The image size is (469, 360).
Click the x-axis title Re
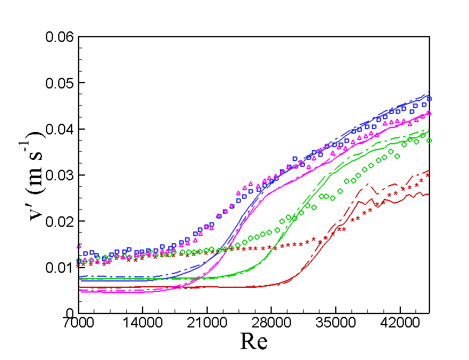(254, 341)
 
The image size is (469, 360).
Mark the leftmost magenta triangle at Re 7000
(79, 246)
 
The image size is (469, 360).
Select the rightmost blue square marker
(429, 99)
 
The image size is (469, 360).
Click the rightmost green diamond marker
(429, 140)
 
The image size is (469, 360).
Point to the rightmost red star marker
(428, 174)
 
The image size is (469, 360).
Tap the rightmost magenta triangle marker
(429, 113)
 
